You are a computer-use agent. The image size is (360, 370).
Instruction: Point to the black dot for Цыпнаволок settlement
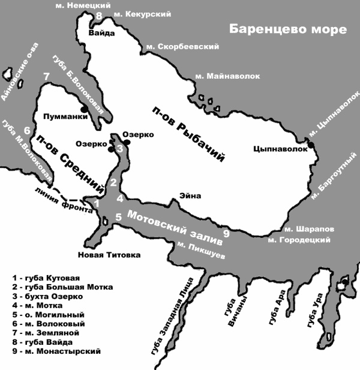click(311, 143)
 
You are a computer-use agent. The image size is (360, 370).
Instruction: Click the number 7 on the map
click(46, 76)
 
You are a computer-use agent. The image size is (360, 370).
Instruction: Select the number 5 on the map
click(119, 217)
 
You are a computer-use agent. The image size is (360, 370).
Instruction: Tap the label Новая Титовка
click(109, 255)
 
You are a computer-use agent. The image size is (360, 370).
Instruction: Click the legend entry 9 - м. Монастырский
click(56, 351)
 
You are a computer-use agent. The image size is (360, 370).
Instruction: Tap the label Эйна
click(189, 196)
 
